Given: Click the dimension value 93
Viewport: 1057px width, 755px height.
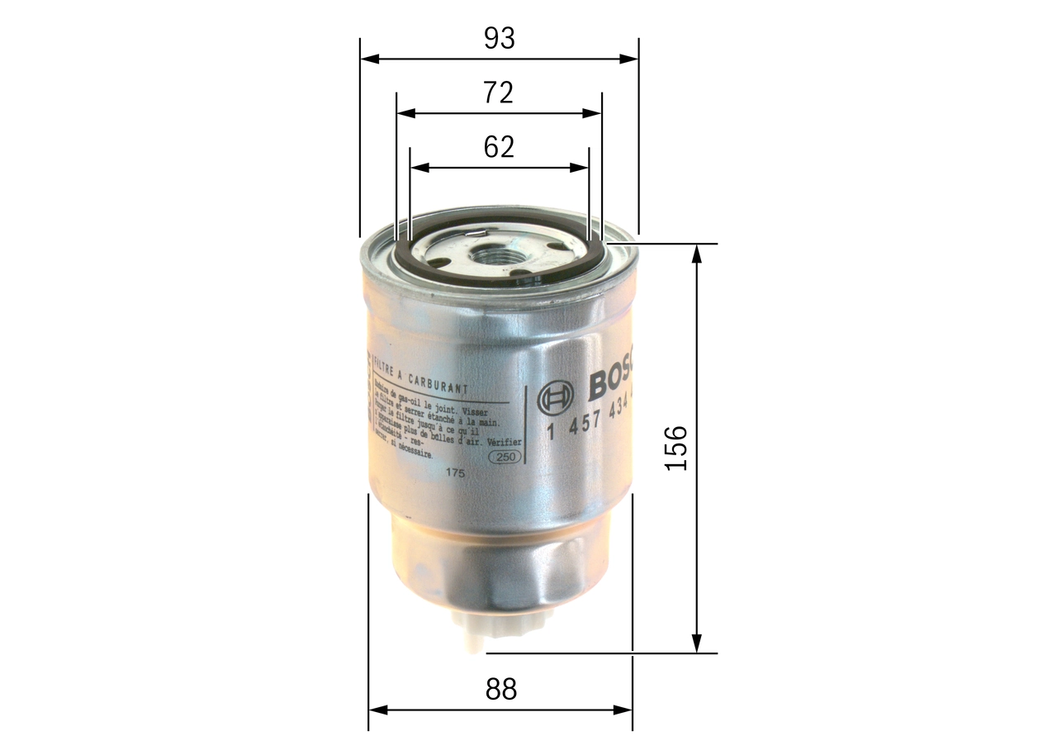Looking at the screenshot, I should [x=499, y=38].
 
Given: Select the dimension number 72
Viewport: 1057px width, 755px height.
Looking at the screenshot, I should [x=498, y=93].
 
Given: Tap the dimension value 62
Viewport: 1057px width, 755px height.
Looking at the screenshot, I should [x=499, y=147].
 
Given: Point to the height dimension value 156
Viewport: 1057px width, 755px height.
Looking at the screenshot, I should [x=676, y=448].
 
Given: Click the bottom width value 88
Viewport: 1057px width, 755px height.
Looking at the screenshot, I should [x=500, y=689].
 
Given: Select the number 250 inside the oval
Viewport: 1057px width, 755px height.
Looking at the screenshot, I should [x=505, y=457].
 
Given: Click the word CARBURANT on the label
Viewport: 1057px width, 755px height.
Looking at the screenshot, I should [x=440, y=385].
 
